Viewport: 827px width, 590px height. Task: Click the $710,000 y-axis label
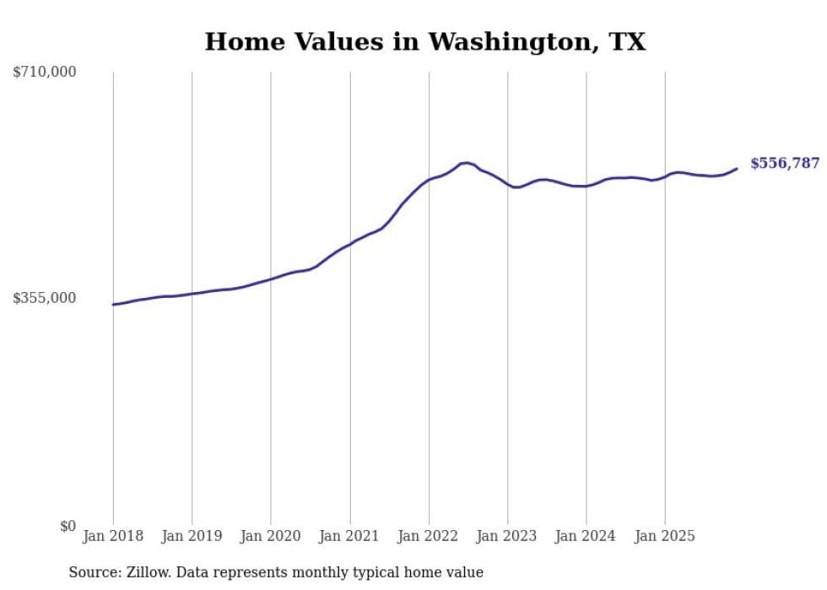[x=45, y=73]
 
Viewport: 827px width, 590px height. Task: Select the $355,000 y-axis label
[x=45, y=298]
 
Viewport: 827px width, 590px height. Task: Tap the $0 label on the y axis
[x=68, y=526]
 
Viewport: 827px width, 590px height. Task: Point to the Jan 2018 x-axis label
[x=113, y=536]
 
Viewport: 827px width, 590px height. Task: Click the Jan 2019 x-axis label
[x=192, y=536]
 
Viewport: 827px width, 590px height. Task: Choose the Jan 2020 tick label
[x=271, y=536]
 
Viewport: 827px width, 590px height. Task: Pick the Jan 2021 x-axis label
[x=349, y=536]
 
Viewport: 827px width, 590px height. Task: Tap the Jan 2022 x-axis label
[x=429, y=536]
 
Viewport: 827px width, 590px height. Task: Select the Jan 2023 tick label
[x=507, y=536]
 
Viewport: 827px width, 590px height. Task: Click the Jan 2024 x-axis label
[x=586, y=536]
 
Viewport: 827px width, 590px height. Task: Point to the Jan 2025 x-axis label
[x=665, y=536]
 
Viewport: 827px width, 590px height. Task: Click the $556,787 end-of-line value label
[x=784, y=164]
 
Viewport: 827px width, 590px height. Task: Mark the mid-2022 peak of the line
[x=466, y=162]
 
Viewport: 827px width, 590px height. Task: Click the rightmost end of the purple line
[x=737, y=169]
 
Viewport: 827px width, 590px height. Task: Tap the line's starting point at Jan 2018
[x=113, y=305]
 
